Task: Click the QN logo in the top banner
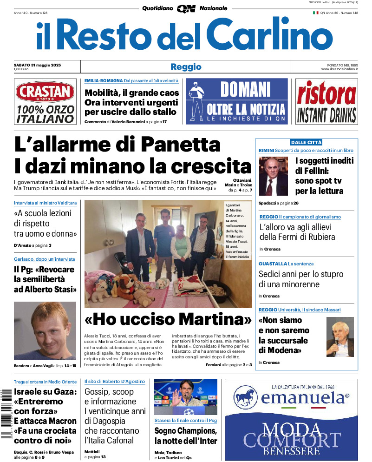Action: pyautogui.click(x=186, y=8)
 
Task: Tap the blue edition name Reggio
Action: pyautogui.click(x=186, y=66)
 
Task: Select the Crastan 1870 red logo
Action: pyautogui.click(x=45, y=92)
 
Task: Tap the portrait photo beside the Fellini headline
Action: pyautogui.click(x=274, y=176)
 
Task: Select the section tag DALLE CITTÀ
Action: pyautogui.click(x=306, y=142)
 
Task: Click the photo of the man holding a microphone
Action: pyautogui.click(x=340, y=337)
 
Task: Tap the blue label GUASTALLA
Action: pyautogui.click(x=273, y=264)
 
